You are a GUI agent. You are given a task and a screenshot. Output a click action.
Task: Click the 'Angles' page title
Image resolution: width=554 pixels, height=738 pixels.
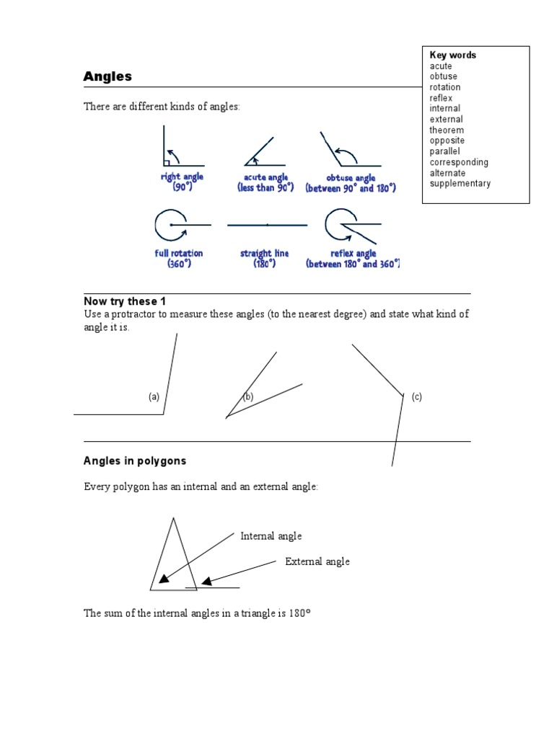point(107,76)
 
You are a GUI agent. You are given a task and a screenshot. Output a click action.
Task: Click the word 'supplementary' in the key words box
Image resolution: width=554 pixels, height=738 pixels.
point(460,184)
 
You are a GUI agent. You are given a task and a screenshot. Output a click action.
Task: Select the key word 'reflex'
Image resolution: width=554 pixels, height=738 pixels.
point(441,98)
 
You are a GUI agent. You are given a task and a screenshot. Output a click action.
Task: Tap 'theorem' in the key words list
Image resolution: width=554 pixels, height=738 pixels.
point(447,130)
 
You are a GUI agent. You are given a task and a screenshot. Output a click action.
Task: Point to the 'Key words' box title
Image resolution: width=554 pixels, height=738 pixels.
point(453,55)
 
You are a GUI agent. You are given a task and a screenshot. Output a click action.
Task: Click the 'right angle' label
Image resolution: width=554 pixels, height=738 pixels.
point(182,177)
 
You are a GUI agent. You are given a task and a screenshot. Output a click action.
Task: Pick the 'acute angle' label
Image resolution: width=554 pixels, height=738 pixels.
point(265,177)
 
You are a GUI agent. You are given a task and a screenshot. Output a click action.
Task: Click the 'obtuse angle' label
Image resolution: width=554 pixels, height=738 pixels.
point(350,178)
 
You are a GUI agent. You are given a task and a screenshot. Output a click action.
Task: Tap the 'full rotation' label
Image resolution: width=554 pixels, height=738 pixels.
point(178,254)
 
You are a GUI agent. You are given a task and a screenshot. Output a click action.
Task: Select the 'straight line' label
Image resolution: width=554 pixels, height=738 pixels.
point(265,254)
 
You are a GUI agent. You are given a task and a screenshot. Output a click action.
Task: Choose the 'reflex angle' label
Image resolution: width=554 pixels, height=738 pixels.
point(353,254)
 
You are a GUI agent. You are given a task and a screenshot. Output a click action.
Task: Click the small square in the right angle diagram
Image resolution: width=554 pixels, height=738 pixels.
point(167,164)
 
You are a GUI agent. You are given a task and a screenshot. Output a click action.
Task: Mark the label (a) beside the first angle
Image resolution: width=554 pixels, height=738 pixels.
point(154,397)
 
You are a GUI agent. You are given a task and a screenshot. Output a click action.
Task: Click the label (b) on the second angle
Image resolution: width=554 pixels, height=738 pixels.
point(248,397)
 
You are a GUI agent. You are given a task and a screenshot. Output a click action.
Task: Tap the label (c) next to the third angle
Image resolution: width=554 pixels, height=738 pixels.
point(417,397)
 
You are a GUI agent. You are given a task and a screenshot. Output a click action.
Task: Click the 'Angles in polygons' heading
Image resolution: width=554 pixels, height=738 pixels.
point(135,461)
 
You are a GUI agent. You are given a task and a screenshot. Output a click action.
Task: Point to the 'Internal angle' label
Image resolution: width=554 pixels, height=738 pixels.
point(271,536)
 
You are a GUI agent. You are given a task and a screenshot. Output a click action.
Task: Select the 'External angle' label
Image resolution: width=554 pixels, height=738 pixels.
point(317,562)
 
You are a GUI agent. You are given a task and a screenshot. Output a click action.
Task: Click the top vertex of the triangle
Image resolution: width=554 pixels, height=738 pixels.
point(172,517)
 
